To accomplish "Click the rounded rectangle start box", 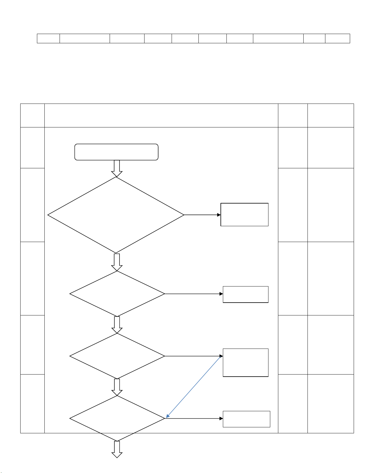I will point(116,152).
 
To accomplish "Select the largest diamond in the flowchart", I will point(116,215).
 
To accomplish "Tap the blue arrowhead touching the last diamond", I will point(168,416).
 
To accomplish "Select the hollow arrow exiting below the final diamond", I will point(117,449).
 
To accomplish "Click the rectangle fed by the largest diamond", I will point(244,215).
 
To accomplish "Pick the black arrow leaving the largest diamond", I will point(203,215).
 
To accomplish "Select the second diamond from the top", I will point(117,294).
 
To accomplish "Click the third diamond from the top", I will point(117,356).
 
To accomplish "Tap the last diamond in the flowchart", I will point(117,418).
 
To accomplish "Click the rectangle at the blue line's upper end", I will point(246,363).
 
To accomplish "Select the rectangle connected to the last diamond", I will point(246,419).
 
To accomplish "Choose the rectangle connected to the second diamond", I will point(246,295).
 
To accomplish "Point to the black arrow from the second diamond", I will point(194,294).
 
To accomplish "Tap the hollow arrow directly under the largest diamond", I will point(117,262).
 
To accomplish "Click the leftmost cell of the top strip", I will point(48,38).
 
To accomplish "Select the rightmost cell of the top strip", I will point(337,38).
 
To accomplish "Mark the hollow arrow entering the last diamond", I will point(117,387).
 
